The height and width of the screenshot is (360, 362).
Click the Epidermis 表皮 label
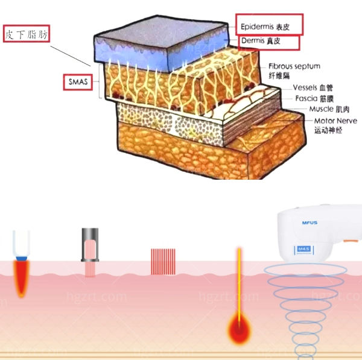click(268, 25)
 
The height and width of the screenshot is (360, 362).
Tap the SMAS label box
click(78, 81)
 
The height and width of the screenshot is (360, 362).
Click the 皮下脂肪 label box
click(26, 34)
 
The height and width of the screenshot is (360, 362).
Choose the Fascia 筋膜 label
click(311, 98)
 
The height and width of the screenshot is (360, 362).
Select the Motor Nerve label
click(335, 121)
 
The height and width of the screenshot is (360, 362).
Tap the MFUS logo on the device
click(310, 223)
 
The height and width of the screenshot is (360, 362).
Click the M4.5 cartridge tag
click(303, 248)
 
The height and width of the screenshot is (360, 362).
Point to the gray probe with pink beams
click(90, 245)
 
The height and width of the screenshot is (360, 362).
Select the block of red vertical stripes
click(162, 261)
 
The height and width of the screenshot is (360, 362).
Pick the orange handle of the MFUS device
click(351, 239)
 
